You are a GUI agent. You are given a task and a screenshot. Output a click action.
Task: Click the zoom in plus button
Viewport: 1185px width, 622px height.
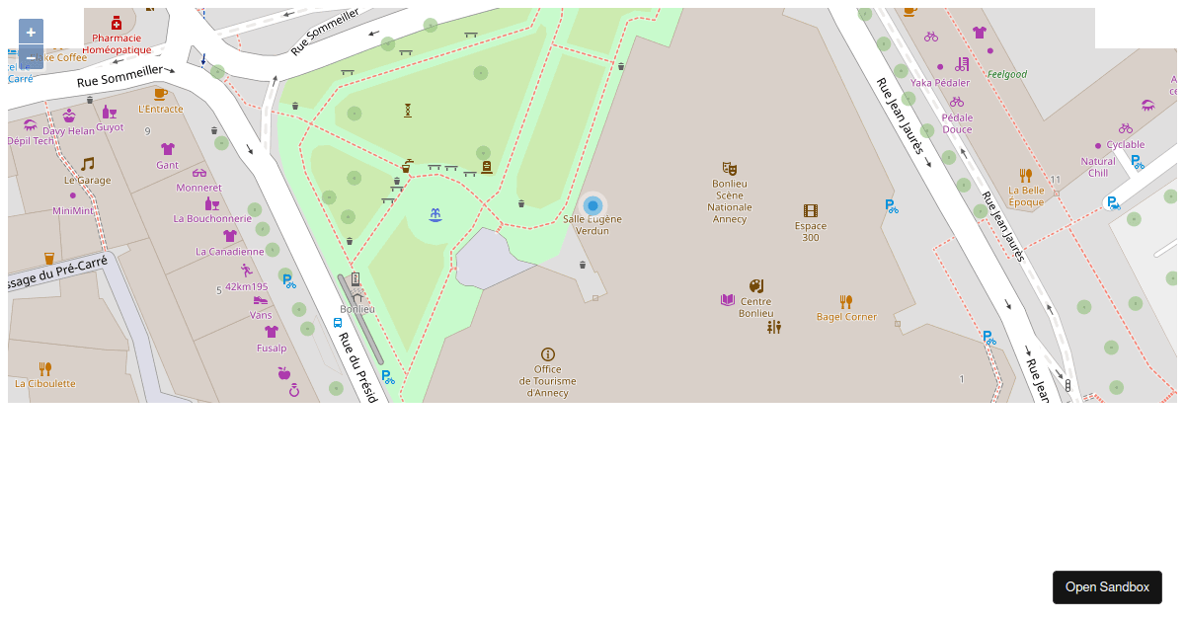(31, 32)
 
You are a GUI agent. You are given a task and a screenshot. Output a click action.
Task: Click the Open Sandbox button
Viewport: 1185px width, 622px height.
(1107, 587)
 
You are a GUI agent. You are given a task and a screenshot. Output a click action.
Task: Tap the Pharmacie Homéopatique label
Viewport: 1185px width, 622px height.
(117, 43)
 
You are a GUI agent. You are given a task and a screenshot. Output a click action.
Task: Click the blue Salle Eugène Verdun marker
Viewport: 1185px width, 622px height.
(592, 205)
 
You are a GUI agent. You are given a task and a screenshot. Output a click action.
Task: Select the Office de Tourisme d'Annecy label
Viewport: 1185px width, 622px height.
(547, 381)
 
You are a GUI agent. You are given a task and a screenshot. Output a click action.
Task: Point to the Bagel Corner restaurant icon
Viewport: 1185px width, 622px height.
(846, 301)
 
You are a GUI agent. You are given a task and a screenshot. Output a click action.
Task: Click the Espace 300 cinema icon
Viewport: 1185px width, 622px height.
(811, 210)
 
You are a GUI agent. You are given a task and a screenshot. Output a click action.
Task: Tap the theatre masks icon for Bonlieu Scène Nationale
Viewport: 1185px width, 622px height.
(730, 169)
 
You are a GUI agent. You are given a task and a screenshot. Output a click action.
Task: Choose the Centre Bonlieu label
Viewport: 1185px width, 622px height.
(755, 308)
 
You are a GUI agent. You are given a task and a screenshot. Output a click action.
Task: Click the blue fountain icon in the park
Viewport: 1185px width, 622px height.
(434, 214)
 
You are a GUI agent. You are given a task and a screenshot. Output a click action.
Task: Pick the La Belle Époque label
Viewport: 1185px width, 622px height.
(1026, 195)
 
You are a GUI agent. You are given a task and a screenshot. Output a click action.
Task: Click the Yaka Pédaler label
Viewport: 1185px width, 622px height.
(940, 83)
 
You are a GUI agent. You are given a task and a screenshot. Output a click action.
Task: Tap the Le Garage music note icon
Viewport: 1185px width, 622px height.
(88, 164)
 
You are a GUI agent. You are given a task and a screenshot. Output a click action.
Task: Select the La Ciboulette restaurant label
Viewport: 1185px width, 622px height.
(45, 383)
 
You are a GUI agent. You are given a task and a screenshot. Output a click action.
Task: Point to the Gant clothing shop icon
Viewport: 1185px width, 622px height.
(168, 149)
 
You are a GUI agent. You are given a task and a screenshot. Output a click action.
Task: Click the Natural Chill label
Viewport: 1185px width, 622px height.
(1098, 167)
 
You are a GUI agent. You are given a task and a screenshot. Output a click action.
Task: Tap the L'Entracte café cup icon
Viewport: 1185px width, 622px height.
(160, 94)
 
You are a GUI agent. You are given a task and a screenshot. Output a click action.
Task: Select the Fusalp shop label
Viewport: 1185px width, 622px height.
(272, 348)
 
